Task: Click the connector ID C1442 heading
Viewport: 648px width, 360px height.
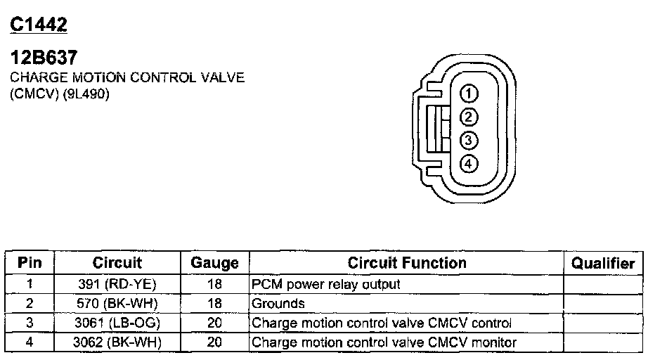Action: point(39,25)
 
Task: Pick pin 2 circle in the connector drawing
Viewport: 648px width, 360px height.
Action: point(469,117)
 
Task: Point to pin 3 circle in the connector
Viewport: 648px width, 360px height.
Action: point(469,140)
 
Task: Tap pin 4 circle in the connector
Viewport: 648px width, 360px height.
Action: point(469,164)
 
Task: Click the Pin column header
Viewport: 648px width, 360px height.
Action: point(30,263)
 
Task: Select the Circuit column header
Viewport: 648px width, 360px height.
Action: point(117,263)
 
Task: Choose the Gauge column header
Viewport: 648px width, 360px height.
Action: point(214,264)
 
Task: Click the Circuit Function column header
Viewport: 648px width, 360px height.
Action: point(407,263)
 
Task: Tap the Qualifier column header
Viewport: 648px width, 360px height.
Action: point(603,264)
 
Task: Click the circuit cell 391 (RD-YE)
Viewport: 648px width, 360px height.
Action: point(117,284)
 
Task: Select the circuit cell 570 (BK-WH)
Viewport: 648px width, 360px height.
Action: point(117,304)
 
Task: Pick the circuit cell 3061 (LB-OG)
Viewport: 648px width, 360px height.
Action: point(117,323)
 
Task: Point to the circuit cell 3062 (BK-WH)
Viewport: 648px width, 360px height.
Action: point(117,342)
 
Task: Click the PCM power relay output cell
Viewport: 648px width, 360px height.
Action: point(325,284)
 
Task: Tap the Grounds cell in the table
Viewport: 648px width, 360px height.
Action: point(278,304)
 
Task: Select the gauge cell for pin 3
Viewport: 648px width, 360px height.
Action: point(214,323)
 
